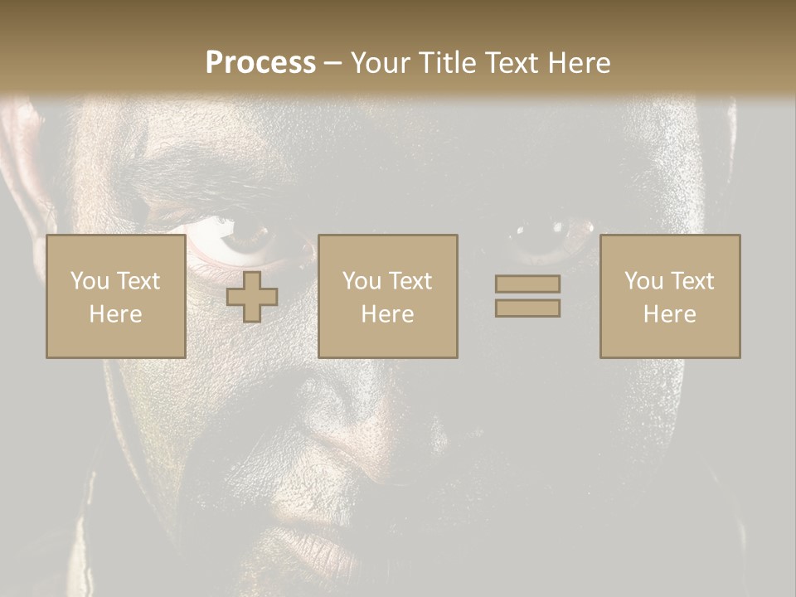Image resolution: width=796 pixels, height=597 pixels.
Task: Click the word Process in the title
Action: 260,63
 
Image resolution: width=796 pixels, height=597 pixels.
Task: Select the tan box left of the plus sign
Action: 115,296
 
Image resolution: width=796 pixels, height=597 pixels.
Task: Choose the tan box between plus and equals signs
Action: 387,296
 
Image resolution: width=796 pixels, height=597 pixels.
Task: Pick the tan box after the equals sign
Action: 669,296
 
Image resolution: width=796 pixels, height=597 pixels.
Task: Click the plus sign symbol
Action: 252,297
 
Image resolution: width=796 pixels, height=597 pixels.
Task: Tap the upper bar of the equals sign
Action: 527,284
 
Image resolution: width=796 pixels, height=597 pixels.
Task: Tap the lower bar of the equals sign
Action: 527,308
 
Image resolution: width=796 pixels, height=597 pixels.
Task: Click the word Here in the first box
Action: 115,314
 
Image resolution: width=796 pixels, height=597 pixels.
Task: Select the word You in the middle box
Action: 362,281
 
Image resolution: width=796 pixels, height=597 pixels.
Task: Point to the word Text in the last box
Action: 694,281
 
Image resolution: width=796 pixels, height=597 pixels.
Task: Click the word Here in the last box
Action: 669,314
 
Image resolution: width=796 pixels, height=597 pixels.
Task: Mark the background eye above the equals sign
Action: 543,236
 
